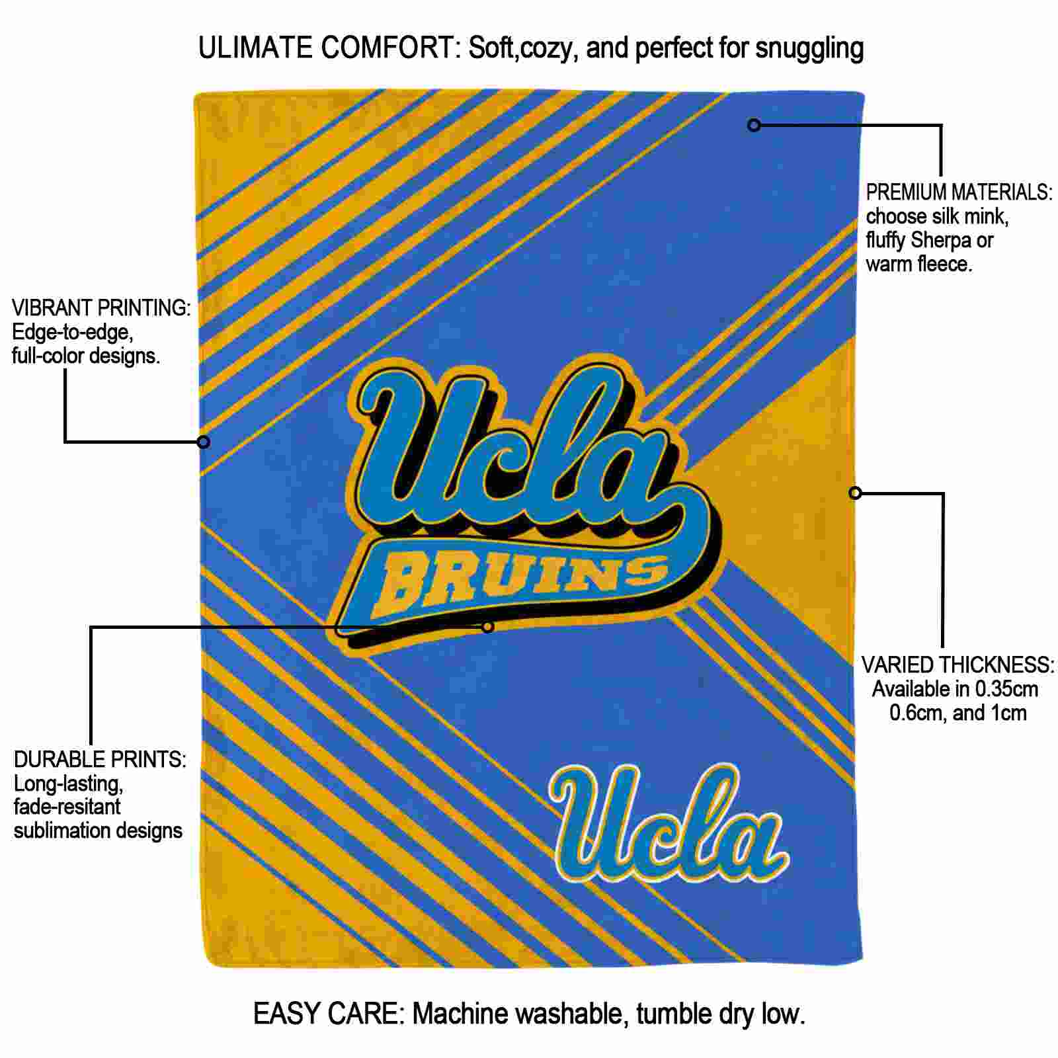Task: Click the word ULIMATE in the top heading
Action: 255,48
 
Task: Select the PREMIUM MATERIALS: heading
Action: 959,192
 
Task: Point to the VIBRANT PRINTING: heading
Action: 101,308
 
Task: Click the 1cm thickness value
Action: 1008,713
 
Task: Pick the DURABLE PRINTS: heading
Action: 100,759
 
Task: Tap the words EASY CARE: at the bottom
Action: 329,1014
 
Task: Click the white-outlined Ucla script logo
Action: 670,823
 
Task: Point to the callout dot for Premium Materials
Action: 754,124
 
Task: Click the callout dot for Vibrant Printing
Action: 204,442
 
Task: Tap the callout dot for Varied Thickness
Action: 855,493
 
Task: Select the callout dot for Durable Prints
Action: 487,626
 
